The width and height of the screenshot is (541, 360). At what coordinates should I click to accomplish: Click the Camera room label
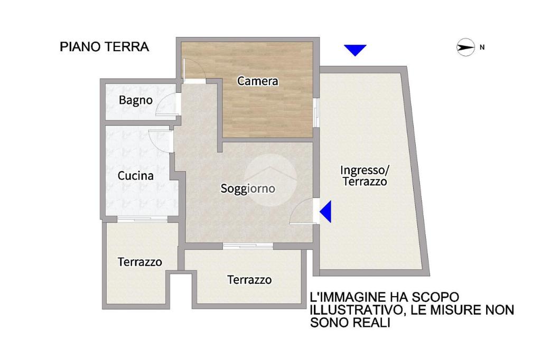pyautogui.click(x=258, y=81)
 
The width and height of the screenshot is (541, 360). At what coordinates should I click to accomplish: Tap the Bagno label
pyautogui.click(x=136, y=100)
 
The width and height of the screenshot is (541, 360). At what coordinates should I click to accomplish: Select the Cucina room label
pyautogui.click(x=136, y=176)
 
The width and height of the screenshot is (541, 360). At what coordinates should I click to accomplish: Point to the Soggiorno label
pyautogui.click(x=248, y=188)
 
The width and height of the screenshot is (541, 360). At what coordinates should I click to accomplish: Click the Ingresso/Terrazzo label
pyautogui.click(x=365, y=176)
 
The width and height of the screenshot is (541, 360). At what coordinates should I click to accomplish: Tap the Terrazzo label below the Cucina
pyautogui.click(x=139, y=262)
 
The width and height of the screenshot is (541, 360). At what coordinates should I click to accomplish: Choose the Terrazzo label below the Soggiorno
pyautogui.click(x=249, y=280)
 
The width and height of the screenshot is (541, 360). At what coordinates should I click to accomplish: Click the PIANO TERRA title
pyautogui.click(x=104, y=47)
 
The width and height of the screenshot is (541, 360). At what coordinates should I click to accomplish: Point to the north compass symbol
pyautogui.click(x=466, y=47)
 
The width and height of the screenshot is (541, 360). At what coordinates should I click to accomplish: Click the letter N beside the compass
pyautogui.click(x=482, y=47)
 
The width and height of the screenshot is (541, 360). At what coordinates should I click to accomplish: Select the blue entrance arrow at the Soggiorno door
pyautogui.click(x=325, y=211)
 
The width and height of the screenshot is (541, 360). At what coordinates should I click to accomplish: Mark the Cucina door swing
pyautogui.click(x=160, y=141)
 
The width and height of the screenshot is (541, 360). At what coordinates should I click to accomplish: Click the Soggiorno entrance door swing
pyautogui.click(x=301, y=212)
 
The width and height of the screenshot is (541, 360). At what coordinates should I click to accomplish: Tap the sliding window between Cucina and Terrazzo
pyautogui.click(x=142, y=219)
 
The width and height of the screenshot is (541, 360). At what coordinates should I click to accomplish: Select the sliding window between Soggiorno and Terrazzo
pyautogui.click(x=248, y=246)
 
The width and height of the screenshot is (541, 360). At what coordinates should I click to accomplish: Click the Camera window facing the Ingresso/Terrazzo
pyautogui.click(x=316, y=113)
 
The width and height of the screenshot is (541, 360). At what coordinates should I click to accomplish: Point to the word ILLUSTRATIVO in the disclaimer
pyautogui.click(x=356, y=310)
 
